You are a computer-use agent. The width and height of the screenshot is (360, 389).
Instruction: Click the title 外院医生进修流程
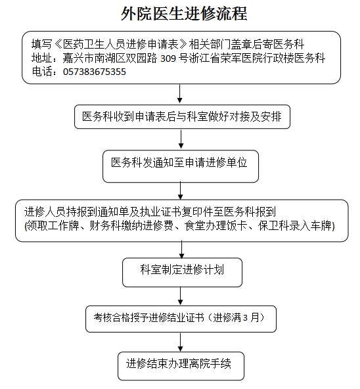click(x=184, y=13)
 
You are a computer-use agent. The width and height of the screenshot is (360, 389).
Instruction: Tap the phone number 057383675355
click(x=95, y=72)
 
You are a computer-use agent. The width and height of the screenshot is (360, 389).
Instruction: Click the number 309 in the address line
click(x=168, y=58)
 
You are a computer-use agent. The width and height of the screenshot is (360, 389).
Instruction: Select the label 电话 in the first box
click(x=42, y=72)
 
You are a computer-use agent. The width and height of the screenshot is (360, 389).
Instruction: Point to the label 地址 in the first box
click(x=42, y=58)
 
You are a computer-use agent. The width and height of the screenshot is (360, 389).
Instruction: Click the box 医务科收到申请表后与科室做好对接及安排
click(x=182, y=116)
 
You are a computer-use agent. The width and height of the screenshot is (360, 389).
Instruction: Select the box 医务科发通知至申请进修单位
click(x=181, y=166)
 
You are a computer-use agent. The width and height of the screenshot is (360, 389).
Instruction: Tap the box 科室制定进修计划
click(x=182, y=273)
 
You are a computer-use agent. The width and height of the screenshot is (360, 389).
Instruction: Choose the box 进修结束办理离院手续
click(x=181, y=366)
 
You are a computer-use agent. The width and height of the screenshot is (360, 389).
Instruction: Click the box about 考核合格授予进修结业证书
click(x=181, y=319)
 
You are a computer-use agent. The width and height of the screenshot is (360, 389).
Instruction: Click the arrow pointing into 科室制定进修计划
click(x=182, y=249)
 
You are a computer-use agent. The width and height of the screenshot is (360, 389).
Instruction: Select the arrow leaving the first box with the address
click(x=180, y=94)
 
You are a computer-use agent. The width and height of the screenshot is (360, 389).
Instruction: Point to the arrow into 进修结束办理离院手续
click(x=181, y=342)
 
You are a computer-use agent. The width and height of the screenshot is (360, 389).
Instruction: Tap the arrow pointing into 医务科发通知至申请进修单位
click(x=181, y=139)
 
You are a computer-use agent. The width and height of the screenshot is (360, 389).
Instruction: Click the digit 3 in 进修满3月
click(x=245, y=318)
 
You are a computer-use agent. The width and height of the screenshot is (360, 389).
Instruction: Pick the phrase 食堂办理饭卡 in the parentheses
click(x=215, y=226)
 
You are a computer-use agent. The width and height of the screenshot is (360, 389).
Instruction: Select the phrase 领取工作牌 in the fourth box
click(x=53, y=226)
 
